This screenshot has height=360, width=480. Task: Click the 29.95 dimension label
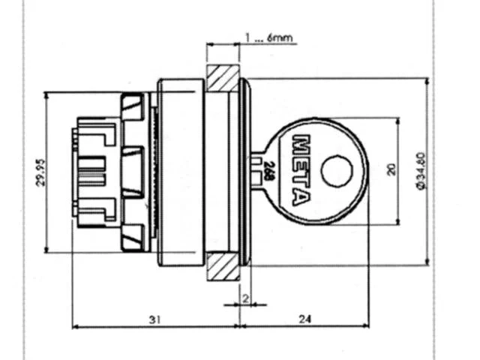pyautogui.click(x=41, y=172)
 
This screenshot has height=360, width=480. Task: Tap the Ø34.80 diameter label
pyautogui.click(x=421, y=171)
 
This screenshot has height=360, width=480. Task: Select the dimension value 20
pyautogui.click(x=391, y=170)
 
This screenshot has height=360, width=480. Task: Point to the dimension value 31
pyautogui.click(x=155, y=319)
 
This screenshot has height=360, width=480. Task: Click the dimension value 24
pyautogui.click(x=304, y=319)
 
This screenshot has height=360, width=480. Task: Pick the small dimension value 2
pyautogui.click(x=245, y=298)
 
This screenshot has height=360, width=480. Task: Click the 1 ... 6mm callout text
pyautogui.click(x=268, y=38)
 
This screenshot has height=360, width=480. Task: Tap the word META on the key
pyautogui.click(x=300, y=170)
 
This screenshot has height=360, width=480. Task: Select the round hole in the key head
pyautogui.click(x=337, y=171)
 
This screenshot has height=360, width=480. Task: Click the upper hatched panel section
pyautogui.click(x=223, y=78)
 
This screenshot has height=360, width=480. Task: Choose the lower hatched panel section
pyautogui.click(x=223, y=266)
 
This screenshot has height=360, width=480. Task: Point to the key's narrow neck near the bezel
pyautogui.click(x=257, y=170)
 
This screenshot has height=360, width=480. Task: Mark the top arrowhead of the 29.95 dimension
pyautogui.click(x=46, y=95)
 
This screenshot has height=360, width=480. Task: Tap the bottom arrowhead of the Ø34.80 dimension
pyautogui.click(x=427, y=262)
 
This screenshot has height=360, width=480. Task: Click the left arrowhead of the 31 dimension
pyautogui.click(x=76, y=327)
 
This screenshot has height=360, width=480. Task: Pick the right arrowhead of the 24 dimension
pyautogui.click(x=365, y=326)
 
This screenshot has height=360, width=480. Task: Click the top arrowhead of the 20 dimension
pyautogui.click(x=398, y=121)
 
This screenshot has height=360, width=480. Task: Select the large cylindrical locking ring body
pyautogui.click(x=181, y=172)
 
